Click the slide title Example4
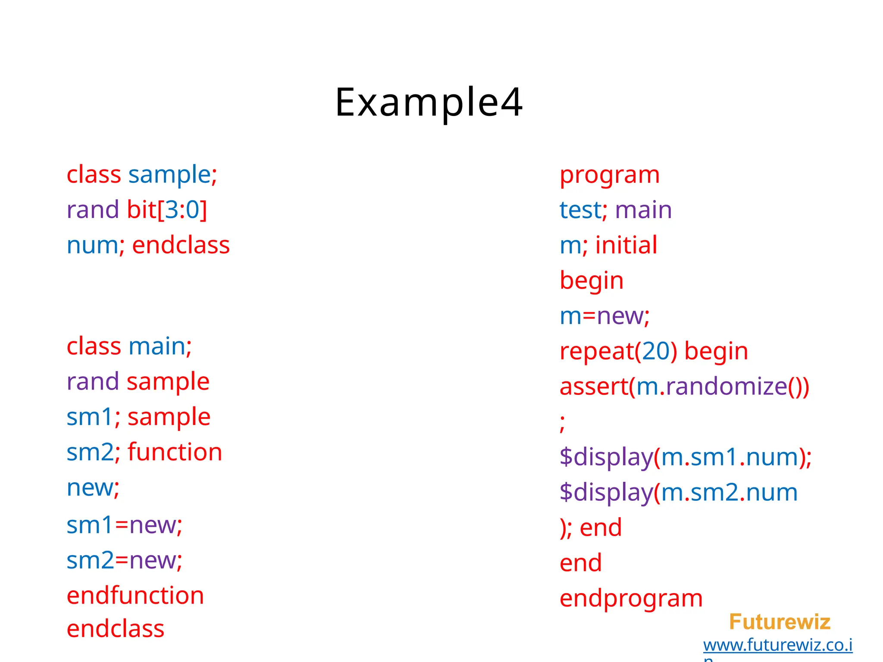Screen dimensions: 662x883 click(x=429, y=102)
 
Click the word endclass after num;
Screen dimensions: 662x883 click(x=181, y=245)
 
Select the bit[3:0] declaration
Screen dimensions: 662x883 click(x=167, y=210)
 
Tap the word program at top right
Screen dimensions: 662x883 click(x=609, y=175)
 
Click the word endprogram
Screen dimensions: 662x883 click(x=631, y=599)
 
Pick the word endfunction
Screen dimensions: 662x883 click(x=135, y=596)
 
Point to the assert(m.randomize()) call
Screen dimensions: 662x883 click(x=684, y=387)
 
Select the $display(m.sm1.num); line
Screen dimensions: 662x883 click(x=685, y=457)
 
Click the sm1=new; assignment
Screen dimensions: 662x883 click(x=125, y=525)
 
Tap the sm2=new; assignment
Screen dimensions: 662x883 click(x=125, y=560)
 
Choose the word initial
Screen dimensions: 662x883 click(x=626, y=245)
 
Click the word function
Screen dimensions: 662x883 click(x=175, y=452)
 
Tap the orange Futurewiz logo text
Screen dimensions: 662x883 click(x=780, y=622)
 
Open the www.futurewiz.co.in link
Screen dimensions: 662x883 click(x=777, y=645)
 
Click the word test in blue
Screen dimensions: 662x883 click(x=580, y=210)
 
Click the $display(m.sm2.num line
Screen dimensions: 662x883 click(x=678, y=493)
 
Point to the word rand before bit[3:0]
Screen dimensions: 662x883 click(x=93, y=210)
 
